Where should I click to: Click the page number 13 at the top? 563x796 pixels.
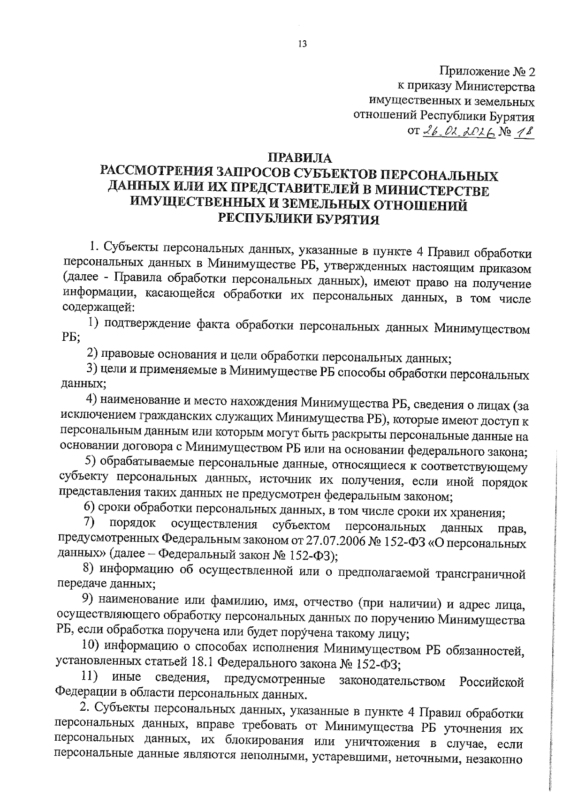302,44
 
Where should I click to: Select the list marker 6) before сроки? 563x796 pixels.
91,509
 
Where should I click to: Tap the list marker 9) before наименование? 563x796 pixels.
90,599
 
